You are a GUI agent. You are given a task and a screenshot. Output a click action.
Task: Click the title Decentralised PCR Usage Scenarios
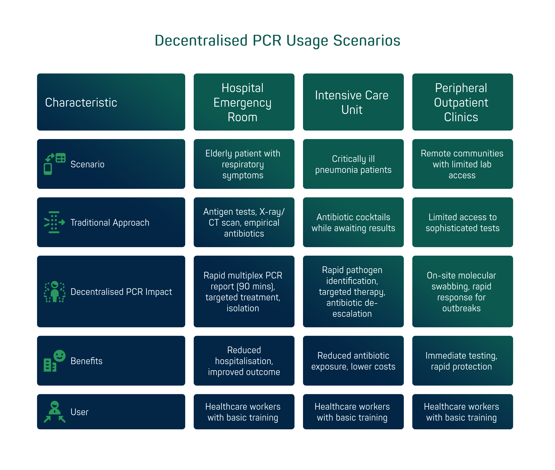click(x=277, y=40)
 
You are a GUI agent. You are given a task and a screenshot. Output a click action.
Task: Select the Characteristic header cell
click(x=111, y=102)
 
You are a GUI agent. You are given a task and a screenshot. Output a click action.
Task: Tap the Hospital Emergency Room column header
click(x=244, y=102)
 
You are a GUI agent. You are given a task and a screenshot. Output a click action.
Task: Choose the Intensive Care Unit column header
click(x=353, y=102)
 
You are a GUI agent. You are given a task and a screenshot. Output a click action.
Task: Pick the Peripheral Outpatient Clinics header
click(x=462, y=102)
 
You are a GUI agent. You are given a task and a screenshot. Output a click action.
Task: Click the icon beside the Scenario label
click(x=55, y=164)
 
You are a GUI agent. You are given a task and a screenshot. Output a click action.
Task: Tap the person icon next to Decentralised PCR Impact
click(x=55, y=291)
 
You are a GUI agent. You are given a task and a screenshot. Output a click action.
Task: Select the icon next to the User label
click(x=55, y=412)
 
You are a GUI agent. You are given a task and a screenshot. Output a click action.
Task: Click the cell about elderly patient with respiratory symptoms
click(x=244, y=164)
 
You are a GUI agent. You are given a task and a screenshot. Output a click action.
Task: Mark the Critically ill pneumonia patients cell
click(x=353, y=164)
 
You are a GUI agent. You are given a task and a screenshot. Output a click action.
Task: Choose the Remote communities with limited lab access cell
click(x=462, y=164)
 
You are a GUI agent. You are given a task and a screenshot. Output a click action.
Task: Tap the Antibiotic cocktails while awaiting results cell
click(x=353, y=222)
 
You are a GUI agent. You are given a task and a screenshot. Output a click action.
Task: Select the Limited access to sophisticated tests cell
click(x=462, y=222)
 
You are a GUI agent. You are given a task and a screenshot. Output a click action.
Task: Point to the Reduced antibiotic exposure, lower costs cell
click(x=353, y=361)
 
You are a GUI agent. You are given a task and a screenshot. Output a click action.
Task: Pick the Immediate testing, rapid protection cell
click(x=462, y=361)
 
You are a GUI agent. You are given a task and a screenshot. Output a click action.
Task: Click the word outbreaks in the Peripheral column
click(x=461, y=308)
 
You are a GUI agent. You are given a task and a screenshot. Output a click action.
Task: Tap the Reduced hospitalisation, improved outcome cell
click(x=244, y=361)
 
